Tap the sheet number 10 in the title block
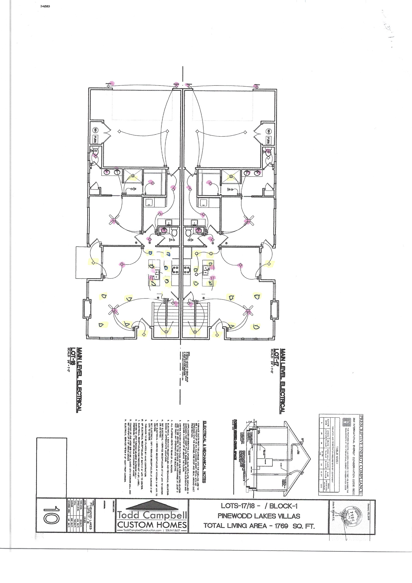click(51, 515)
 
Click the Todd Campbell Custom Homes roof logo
click(152, 505)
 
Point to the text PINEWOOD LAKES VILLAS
click(259, 516)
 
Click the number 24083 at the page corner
click(45, 6)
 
